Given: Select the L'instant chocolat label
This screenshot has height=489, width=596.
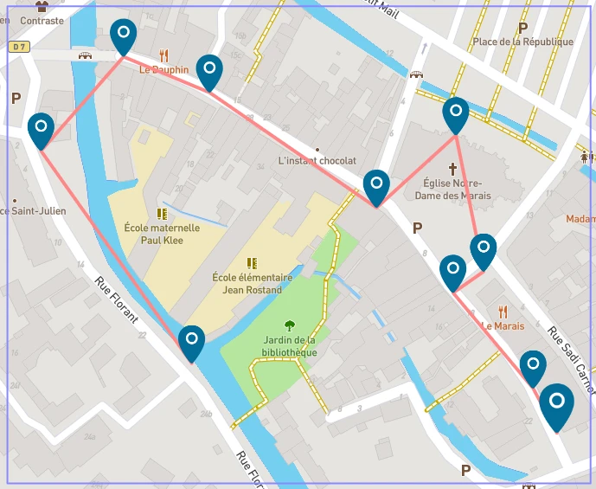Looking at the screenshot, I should click(x=317, y=161).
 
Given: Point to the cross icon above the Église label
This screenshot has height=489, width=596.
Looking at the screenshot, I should click(x=452, y=168).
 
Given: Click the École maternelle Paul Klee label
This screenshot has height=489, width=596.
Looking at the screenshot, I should click(x=162, y=235).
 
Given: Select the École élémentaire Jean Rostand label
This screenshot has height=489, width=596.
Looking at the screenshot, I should click(x=253, y=284).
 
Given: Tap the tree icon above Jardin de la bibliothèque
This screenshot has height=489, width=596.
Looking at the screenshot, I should click(x=290, y=326).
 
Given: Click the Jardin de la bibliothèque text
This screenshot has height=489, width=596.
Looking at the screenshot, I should click(x=290, y=346).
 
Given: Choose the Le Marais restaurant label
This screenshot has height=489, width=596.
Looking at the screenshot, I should click(x=503, y=326).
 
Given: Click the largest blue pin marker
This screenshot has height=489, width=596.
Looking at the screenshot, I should click(x=557, y=405).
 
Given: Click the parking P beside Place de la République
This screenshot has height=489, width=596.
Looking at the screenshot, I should click(x=522, y=28).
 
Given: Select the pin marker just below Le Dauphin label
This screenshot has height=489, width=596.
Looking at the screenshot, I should click(x=209, y=72).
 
